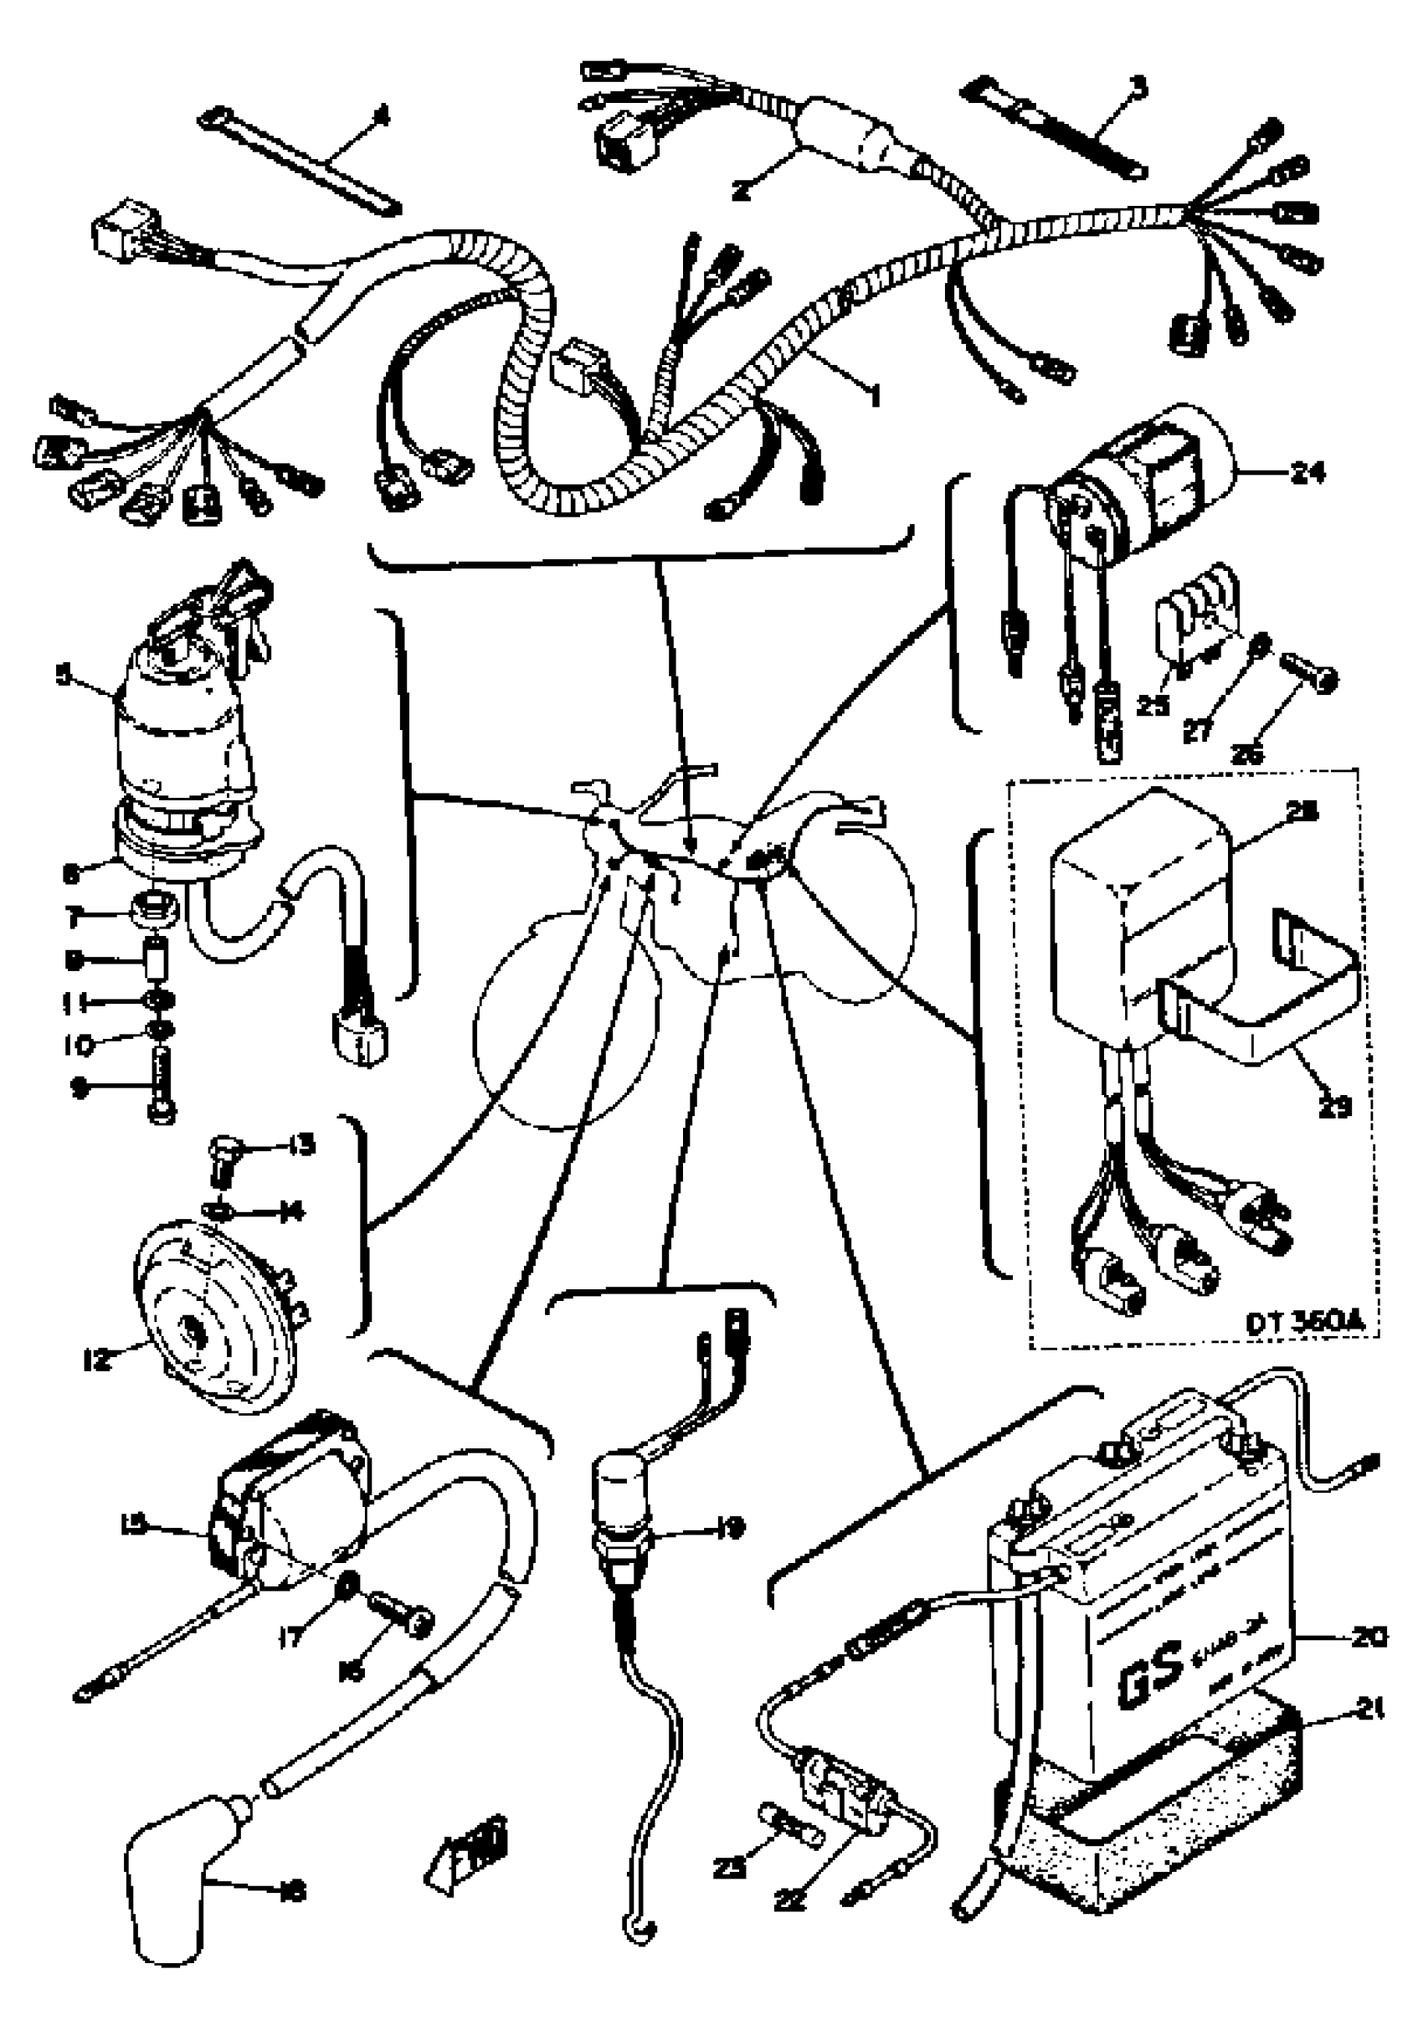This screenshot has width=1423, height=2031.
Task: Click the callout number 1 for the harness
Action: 875,395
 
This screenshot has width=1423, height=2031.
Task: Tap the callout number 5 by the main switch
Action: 63,676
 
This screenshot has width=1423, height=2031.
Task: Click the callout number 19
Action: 732,1526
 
